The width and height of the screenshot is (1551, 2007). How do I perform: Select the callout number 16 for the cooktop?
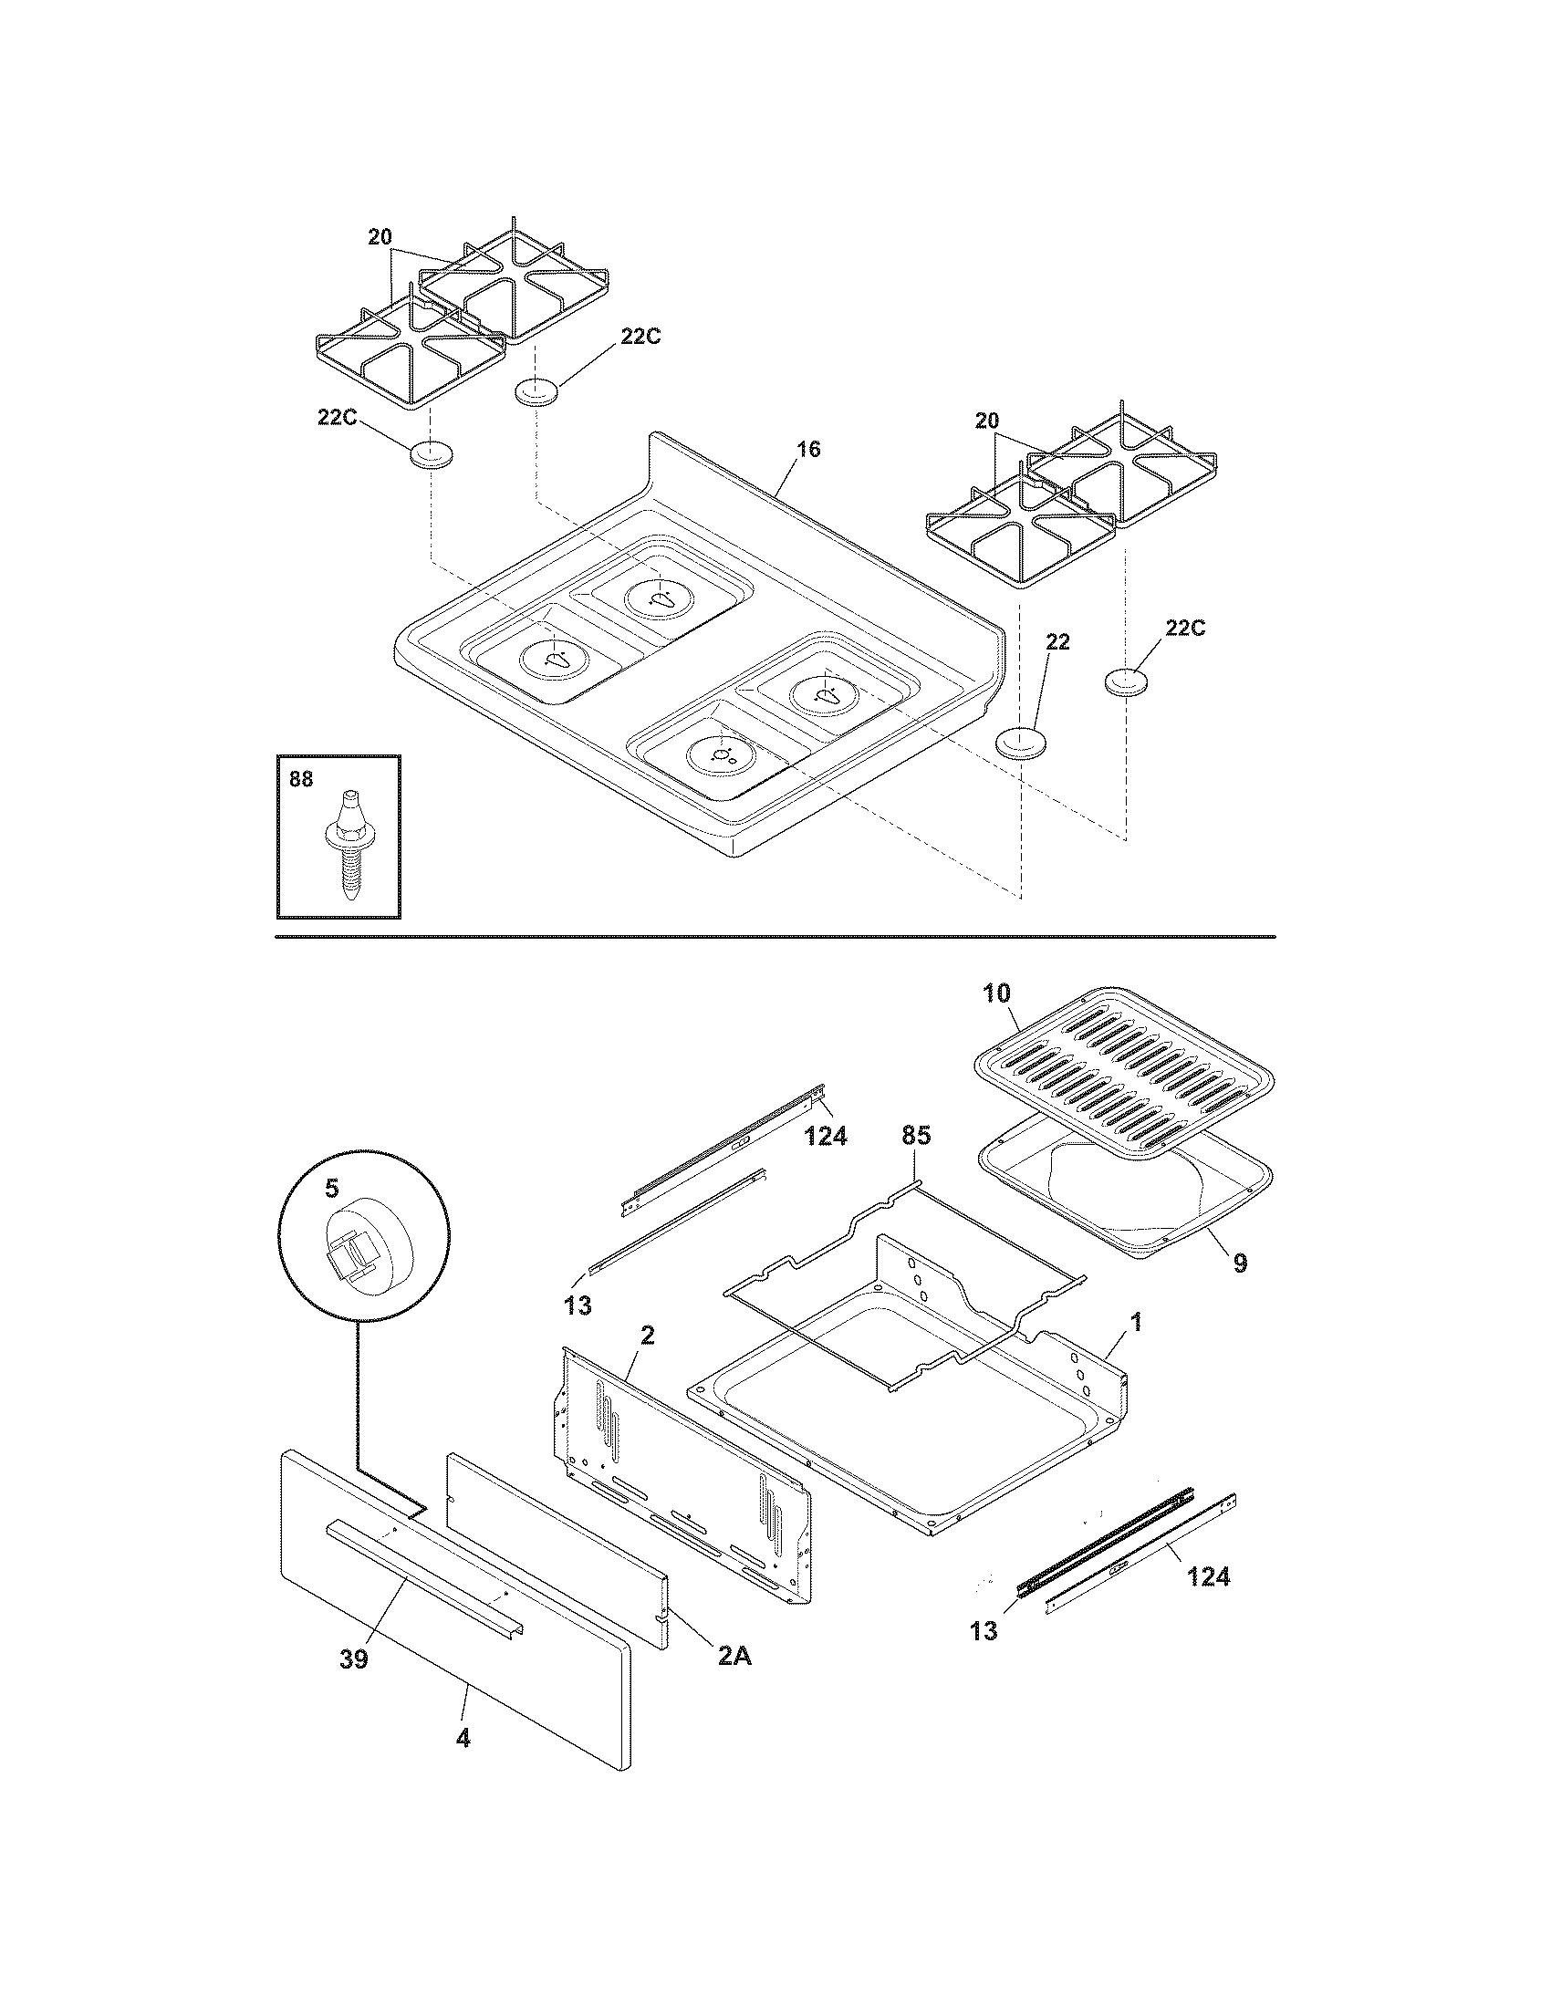tap(808, 450)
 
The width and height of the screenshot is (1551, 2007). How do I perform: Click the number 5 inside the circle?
tap(331, 1188)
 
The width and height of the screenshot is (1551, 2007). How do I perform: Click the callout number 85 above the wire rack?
tap(915, 1136)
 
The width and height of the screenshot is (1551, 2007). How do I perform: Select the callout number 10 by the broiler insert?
tap(996, 993)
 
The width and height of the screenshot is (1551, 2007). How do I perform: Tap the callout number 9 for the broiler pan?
tap(1240, 1263)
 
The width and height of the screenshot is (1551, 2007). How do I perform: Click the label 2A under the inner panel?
tap(734, 1656)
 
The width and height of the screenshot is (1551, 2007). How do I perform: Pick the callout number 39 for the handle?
tap(354, 1659)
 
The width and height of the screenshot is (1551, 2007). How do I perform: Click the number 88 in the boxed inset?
tap(300, 779)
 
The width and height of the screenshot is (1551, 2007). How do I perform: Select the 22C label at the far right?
tap(1185, 628)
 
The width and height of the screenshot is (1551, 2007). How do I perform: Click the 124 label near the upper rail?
tap(825, 1137)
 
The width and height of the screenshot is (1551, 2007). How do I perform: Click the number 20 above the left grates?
tap(380, 236)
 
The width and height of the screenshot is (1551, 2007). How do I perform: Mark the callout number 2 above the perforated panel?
tap(647, 1336)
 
